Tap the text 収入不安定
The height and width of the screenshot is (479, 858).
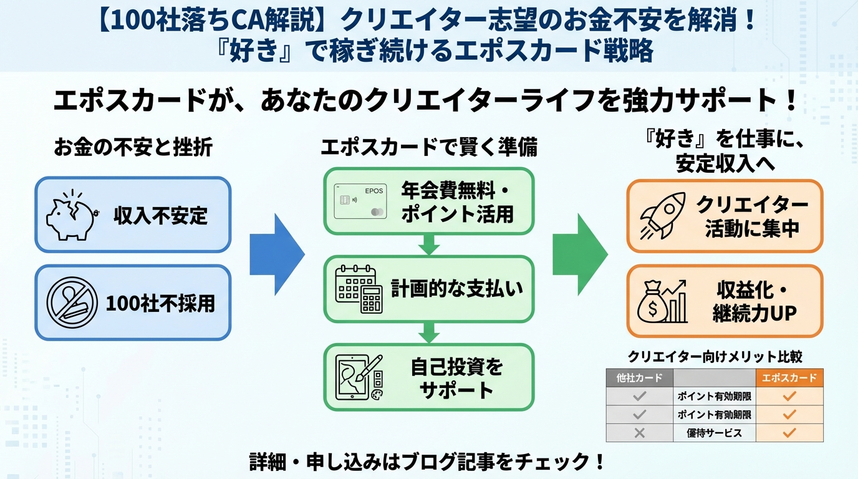click(160, 216)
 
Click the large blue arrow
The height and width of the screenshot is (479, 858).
click(277, 254)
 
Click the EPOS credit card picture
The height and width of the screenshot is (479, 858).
click(360, 200)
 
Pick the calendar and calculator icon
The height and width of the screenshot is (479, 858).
click(359, 289)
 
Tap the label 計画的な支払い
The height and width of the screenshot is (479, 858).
click(456, 289)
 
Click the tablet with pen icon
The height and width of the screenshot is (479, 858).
click(359, 377)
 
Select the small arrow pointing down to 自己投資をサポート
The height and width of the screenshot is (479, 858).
click(429, 332)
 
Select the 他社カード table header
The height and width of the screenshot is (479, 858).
click(639, 377)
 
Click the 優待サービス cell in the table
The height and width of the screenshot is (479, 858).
click(714, 432)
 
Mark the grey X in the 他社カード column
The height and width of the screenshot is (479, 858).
click(639, 432)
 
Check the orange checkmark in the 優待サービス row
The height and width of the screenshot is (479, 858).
click(789, 432)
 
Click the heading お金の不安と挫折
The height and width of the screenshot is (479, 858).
click(133, 148)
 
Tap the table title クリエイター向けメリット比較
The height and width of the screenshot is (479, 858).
click(715, 357)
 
